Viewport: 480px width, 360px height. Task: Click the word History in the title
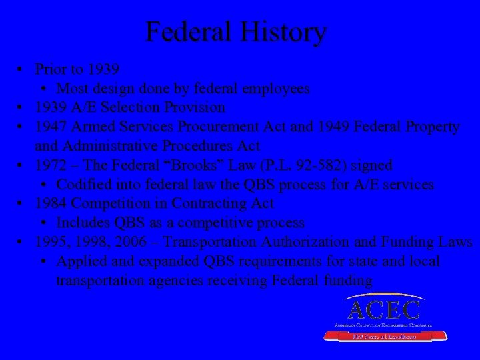[x=282, y=32]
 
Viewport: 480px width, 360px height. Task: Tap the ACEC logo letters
[x=383, y=309]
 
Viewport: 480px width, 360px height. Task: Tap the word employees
[x=276, y=88]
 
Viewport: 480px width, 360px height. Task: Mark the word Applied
[x=79, y=261]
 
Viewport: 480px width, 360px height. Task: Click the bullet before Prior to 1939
[x=22, y=69]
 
